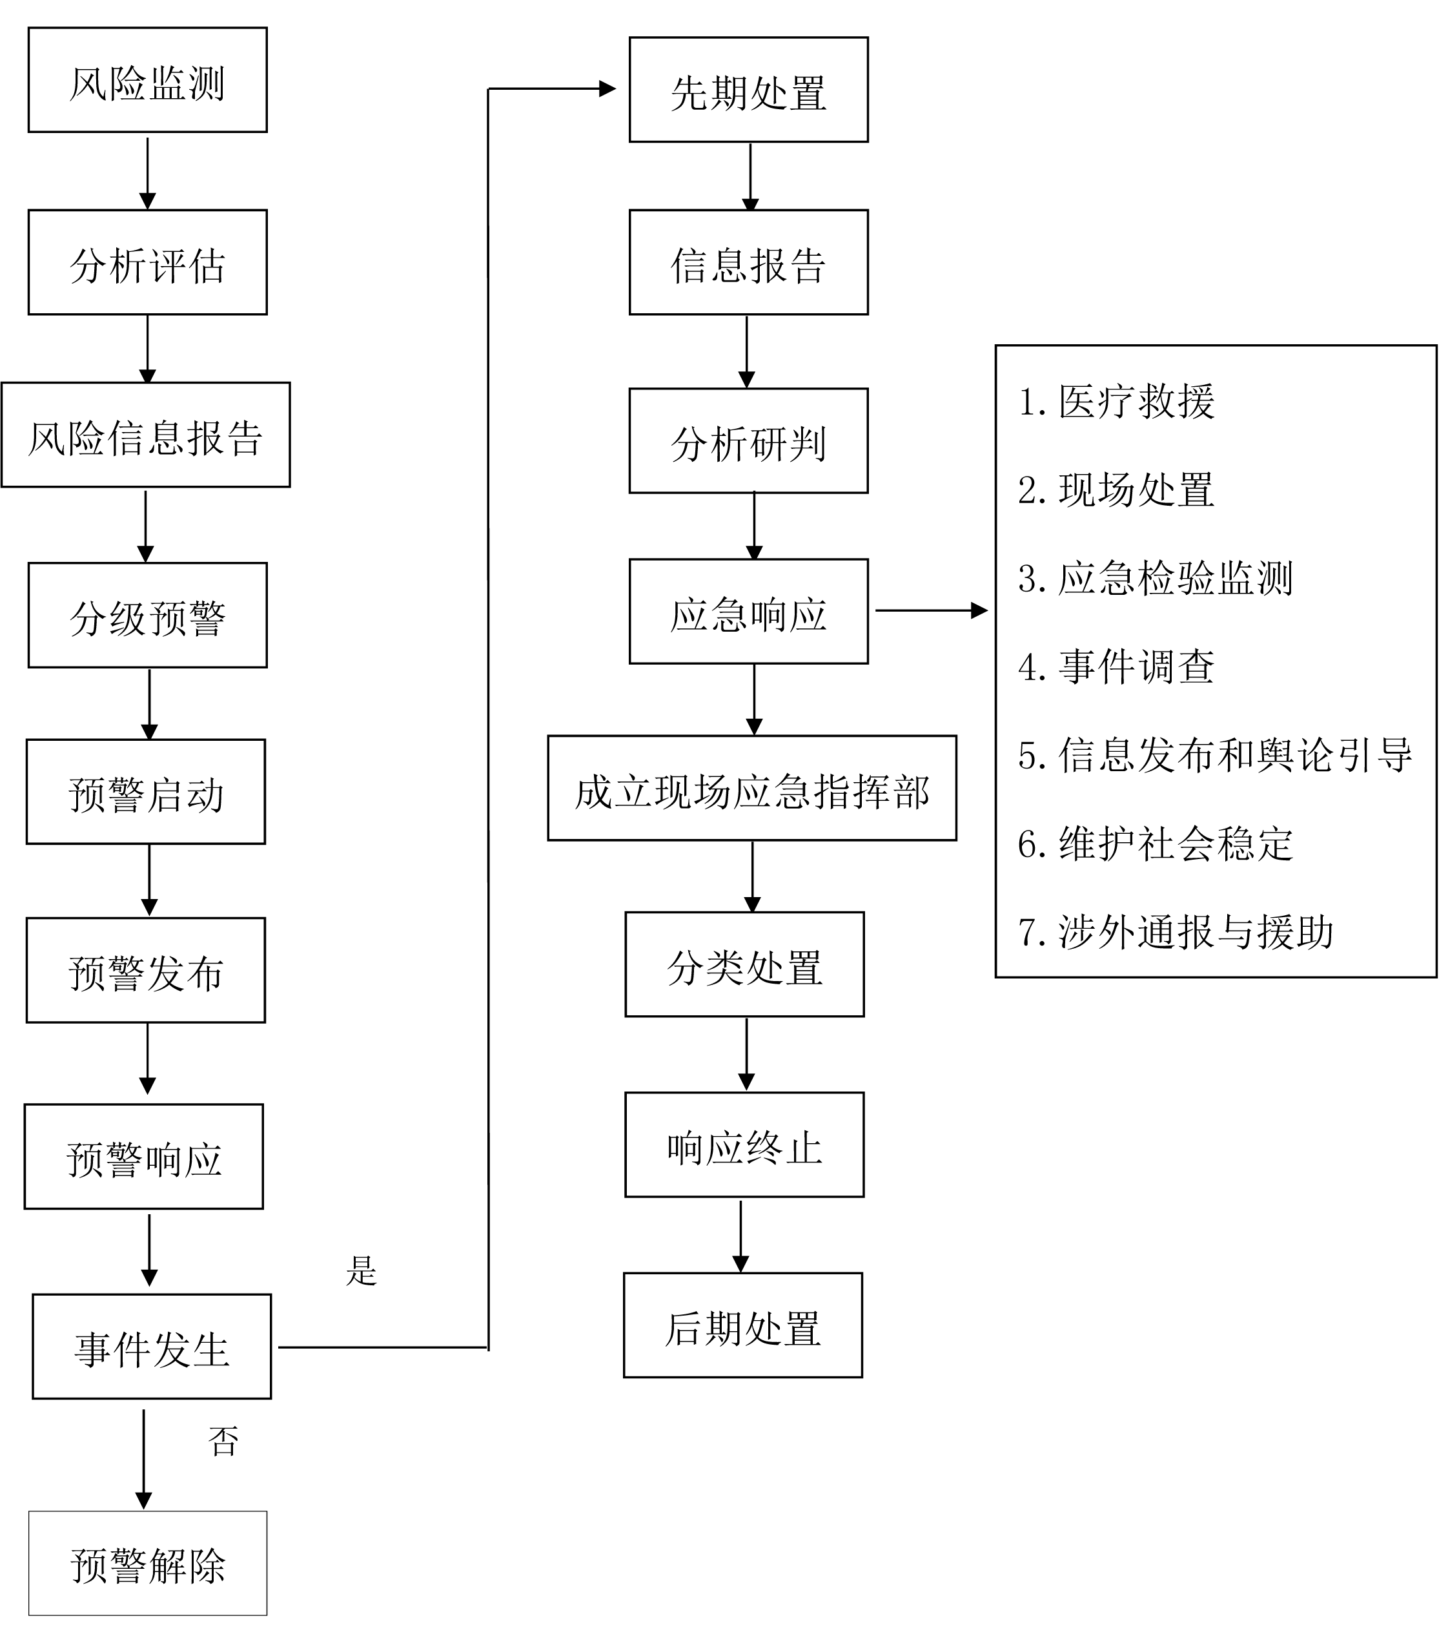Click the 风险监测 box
tap(147, 80)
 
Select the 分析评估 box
tap(147, 263)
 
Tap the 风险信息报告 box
tap(146, 435)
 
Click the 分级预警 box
tap(147, 615)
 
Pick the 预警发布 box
tap(146, 970)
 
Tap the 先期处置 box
tap(748, 90)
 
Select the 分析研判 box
tap(748, 441)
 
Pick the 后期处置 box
tap(742, 1326)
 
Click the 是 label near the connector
tap(362, 1271)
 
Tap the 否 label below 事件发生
tap(223, 1441)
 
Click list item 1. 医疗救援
tap(1116, 401)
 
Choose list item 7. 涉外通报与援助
tap(1175, 931)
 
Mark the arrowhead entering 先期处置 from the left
tap(608, 88)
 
